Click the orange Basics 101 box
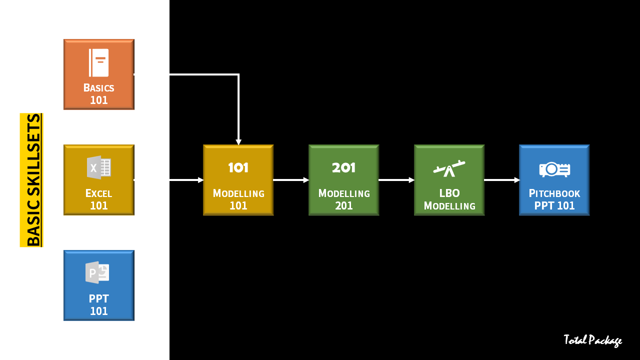click(x=99, y=74)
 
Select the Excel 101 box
click(x=99, y=180)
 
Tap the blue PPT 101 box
click(x=99, y=285)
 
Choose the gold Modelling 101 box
click(x=238, y=180)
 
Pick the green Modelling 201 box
click(x=344, y=180)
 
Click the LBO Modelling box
click(x=449, y=180)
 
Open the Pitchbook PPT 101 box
click(x=554, y=180)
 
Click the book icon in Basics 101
click(x=99, y=62)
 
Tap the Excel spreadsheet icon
click(x=99, y=167)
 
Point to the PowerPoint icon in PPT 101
click(x=97, y=272)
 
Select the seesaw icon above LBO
click(x=449, y=168)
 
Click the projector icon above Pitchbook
click(x=554, y=169)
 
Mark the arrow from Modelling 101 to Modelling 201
click(x=291, y=180)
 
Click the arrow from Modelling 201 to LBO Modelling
click(x=396, y=180)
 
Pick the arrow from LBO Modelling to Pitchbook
click(x=502, y=180)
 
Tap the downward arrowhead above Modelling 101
click(x=238, y=142)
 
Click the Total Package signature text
click(x=592, y=340)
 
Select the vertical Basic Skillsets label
click(x=32, y=180)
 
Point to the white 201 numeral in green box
click(x=344, y=167)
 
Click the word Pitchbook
click(x=554, y=193)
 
